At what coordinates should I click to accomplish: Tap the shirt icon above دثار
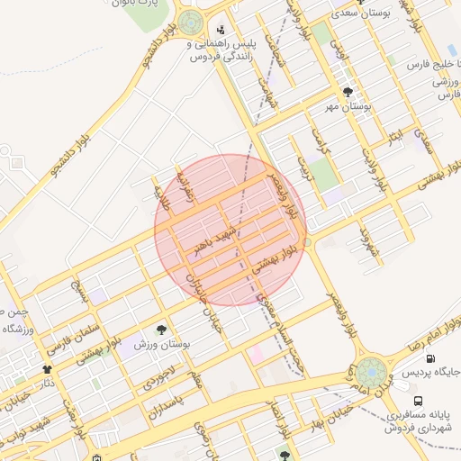[47, 369]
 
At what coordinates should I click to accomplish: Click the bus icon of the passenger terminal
[417, 401]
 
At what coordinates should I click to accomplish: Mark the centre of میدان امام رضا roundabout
[369, 373]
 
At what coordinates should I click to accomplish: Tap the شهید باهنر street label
[221, 233]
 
